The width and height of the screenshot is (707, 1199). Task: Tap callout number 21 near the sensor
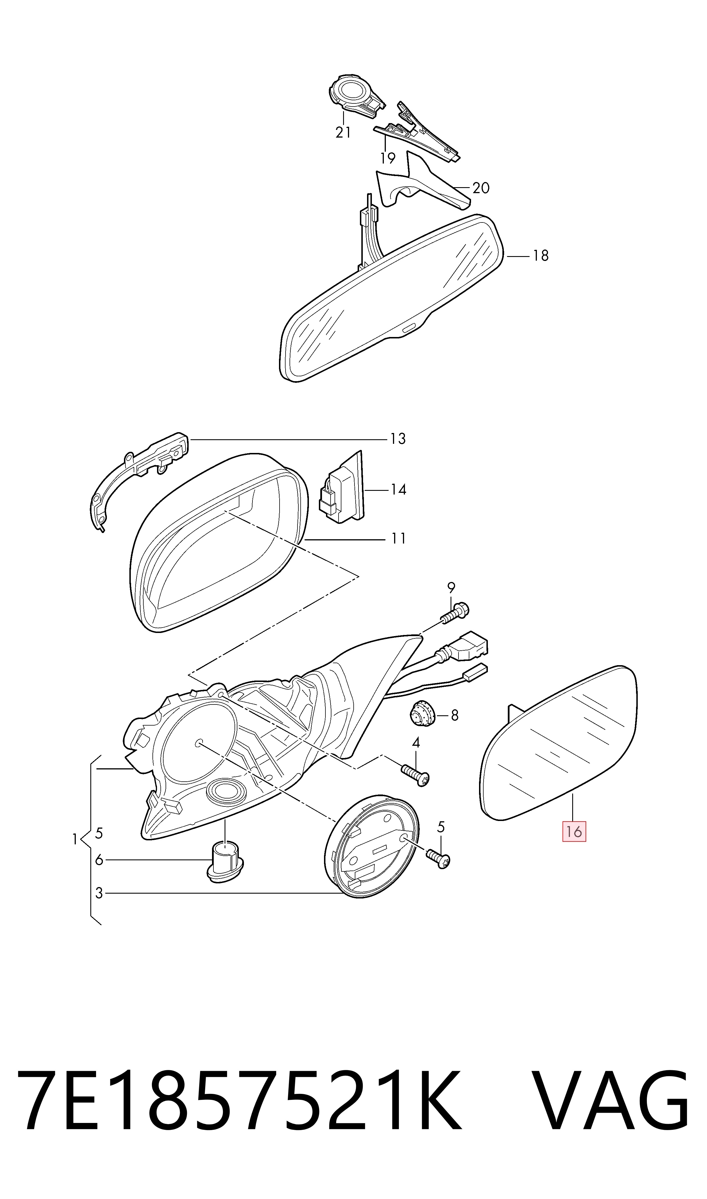(x=343, y=132)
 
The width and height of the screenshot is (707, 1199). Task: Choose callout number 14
(x=398, y=489)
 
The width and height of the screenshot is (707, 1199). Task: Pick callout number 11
(x=398, y=539)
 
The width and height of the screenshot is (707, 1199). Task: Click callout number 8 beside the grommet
(x=455, y=715)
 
